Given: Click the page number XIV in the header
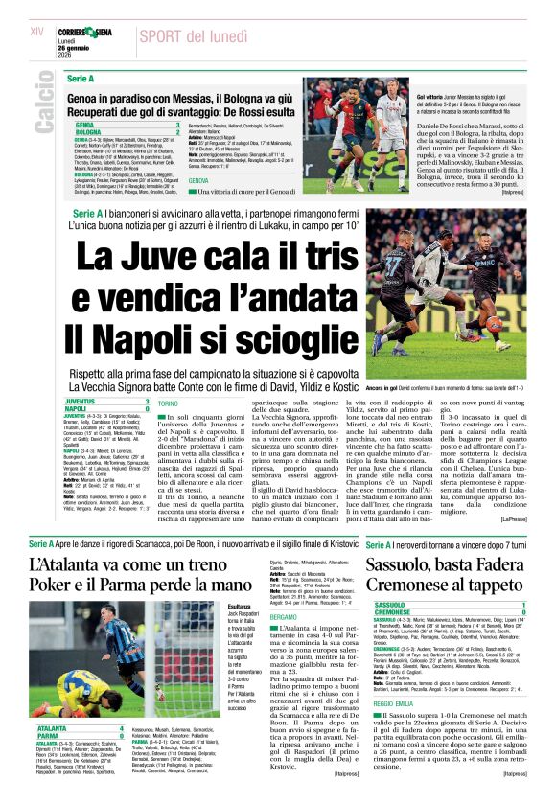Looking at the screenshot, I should (x=37, y=32).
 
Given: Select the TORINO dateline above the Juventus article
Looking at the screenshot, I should (x=168, y=404).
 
